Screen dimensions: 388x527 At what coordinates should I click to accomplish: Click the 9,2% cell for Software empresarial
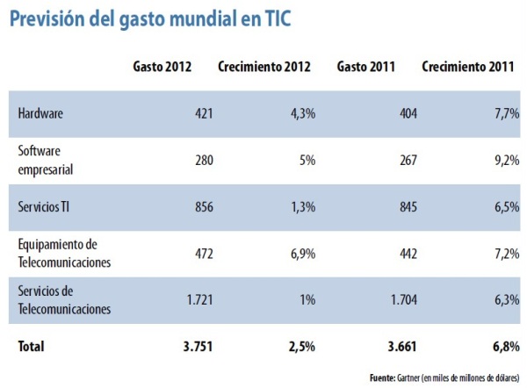[x=497, y=160]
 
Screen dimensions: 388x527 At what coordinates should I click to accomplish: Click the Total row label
[x=32, y=346]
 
